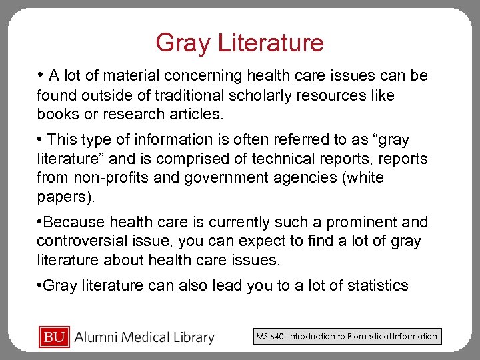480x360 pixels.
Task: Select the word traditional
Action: (175, 95)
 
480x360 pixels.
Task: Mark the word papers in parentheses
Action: (64, 198)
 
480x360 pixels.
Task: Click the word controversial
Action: (85, 241)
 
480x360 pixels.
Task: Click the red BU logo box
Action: (54, 337)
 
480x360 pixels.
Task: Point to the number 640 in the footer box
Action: (275, 337)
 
